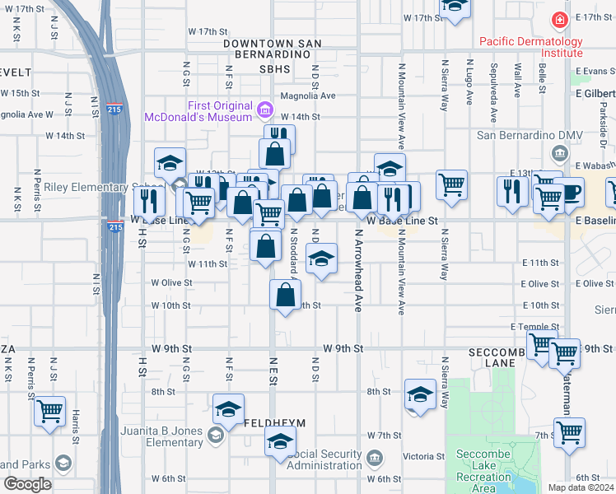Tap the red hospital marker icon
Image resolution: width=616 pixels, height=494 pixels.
560,18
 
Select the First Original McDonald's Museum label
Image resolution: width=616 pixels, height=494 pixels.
198,111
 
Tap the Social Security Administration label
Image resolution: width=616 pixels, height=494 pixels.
325,459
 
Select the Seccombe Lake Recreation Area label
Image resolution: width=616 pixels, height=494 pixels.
484,477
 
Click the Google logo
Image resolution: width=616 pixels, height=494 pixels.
27,484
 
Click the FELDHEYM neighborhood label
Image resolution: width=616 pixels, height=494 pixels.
275,422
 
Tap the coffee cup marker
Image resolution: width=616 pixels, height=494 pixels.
568,192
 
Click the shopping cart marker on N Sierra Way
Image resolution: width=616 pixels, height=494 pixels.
451,184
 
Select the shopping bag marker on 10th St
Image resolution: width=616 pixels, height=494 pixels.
285,295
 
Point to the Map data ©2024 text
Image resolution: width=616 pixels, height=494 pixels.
580,487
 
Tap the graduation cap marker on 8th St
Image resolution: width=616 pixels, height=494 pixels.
420,394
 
